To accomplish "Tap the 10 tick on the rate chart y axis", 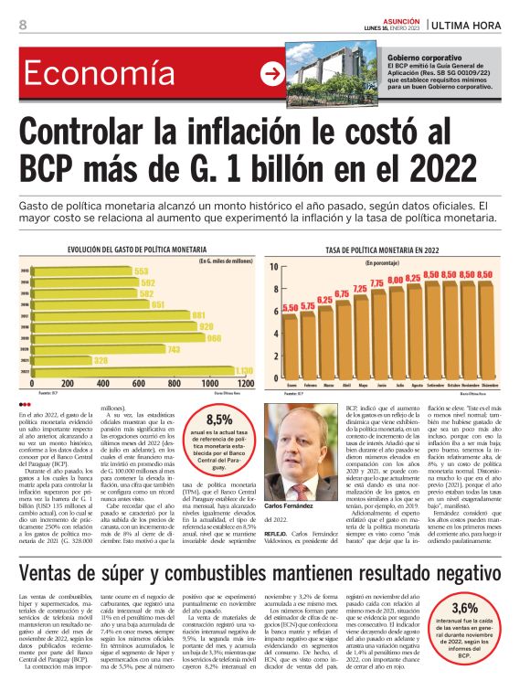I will [273, 266].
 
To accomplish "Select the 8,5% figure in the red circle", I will [219, 420].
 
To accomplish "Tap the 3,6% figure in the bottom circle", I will [464, 608].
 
